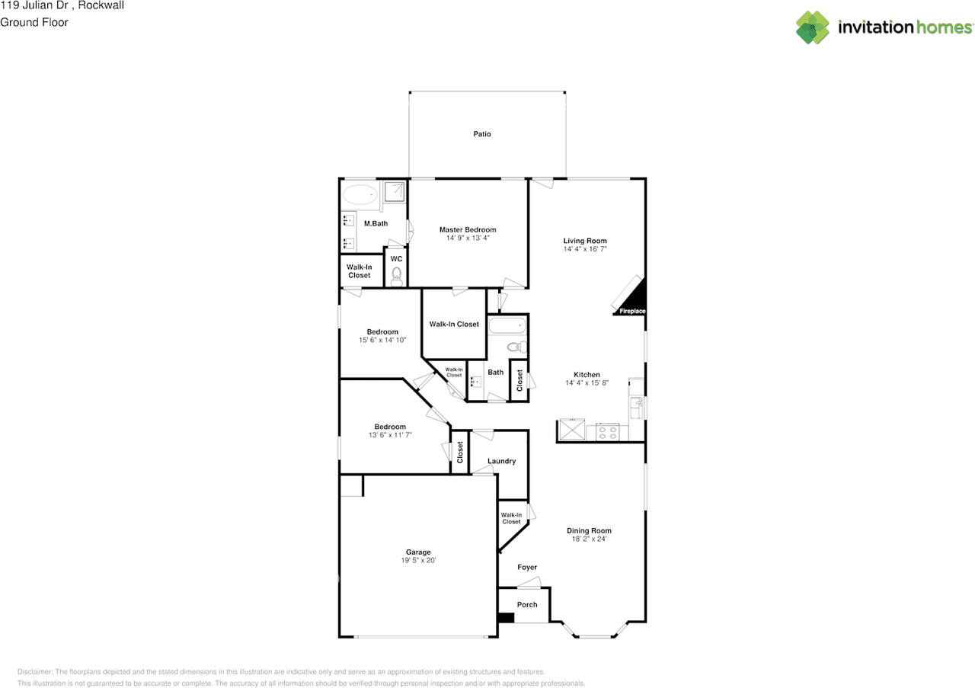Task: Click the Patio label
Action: click(482, 134)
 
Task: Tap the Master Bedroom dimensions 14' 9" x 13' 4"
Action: click(468, 238)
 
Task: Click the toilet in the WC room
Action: click(397, 277)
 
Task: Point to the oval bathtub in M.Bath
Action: click(360, 194)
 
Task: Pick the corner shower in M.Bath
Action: click(395, 191)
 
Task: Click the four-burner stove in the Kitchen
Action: click(607, 433)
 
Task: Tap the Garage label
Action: click(418, 552)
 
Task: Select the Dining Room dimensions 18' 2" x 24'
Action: click(589, 539)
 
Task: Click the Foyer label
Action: click(527, 567)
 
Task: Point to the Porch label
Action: click(527, 604)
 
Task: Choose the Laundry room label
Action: click(501, 461)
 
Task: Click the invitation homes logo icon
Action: click(813, 27)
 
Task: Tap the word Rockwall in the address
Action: click(101, 5)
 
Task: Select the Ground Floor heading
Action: click(34, 22)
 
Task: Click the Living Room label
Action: click(585, 241)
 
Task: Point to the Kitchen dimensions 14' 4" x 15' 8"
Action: click(587, 382)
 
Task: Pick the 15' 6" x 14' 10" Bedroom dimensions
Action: click(382, 340)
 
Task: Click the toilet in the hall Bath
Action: click(517, 347)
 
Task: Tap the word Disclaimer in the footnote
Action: click(35, 672)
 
